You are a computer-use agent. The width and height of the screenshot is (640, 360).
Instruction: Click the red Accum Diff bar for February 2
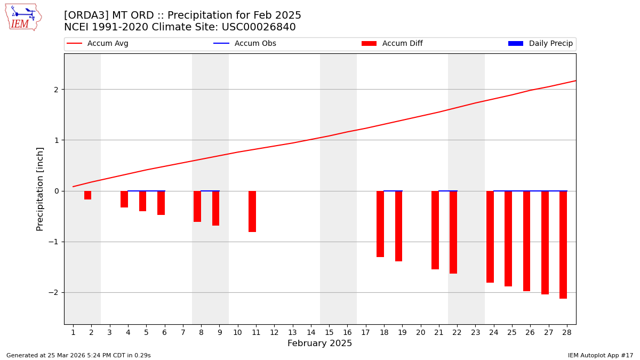click(87, 195)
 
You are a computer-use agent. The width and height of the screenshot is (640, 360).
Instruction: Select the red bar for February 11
click(252, 211)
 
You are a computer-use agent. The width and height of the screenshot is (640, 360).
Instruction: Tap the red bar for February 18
click(380, 224)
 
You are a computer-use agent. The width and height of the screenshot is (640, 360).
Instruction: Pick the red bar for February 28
click(563, 244)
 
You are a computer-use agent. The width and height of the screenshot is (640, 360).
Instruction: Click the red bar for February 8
click(197, 206)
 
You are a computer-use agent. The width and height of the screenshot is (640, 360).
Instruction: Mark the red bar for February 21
click(435, 230)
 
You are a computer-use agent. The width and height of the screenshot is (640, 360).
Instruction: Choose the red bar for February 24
click(490, 237)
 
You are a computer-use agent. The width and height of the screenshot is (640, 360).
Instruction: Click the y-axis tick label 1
click(56, 140)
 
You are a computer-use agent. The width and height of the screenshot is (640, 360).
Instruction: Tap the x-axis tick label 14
click(311, 332)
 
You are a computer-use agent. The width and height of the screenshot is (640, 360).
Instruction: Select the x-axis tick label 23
click(476, 332)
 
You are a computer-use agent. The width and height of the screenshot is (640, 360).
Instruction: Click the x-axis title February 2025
click(319, 343)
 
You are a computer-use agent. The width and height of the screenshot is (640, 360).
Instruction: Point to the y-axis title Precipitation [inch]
click(41, 189)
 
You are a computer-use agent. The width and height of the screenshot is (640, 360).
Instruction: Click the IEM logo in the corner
click(23, 17)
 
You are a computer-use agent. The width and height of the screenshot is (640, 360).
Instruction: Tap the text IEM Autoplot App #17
click(600, 355)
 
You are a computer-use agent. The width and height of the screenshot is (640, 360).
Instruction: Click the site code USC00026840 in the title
click(260, 27)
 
